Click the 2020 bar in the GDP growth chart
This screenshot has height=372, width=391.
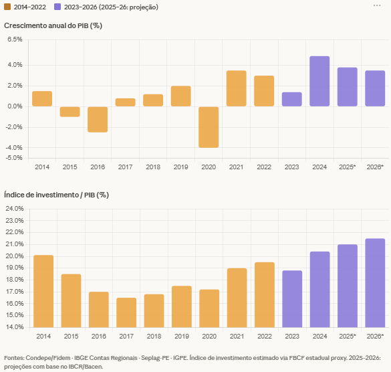point(209,127)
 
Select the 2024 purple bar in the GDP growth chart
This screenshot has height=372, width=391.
point(319,82)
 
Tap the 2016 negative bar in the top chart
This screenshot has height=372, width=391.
point(98,119)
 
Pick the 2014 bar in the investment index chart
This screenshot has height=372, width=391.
point(43,291)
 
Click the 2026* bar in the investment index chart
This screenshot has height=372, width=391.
point(375,282)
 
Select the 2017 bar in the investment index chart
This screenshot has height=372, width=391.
point(126,312)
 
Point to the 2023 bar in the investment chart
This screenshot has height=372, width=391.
point(292,298)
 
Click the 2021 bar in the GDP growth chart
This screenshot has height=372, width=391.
point(236,88)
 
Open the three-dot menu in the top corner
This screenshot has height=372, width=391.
point(378,5)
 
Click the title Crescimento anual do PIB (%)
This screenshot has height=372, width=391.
point(53,25)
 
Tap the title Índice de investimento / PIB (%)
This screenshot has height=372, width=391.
point(56,195)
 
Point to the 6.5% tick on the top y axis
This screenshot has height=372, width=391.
point(15,39)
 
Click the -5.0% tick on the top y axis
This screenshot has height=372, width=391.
point(15,158)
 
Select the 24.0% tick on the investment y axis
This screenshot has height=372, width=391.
point(14,209)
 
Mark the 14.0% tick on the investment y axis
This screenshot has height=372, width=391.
point(14,327)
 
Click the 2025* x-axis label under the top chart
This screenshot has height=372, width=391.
point(347,167)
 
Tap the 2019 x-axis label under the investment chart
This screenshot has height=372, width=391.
point(181,336)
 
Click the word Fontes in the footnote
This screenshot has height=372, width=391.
point(15,358)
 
